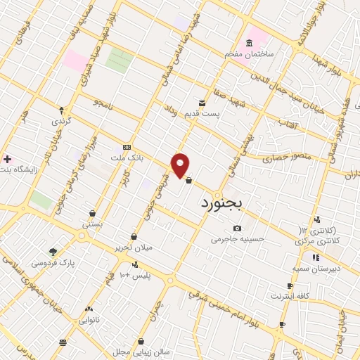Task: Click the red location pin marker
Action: pos(181,165)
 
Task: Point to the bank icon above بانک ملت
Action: pos(127,147)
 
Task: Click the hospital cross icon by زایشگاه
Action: pos(7,160)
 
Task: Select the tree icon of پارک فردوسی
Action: pos(53,251)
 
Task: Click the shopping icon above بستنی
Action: pos(93,213)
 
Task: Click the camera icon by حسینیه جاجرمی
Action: pos(237,228)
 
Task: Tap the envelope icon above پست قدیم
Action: pos(202,103)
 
